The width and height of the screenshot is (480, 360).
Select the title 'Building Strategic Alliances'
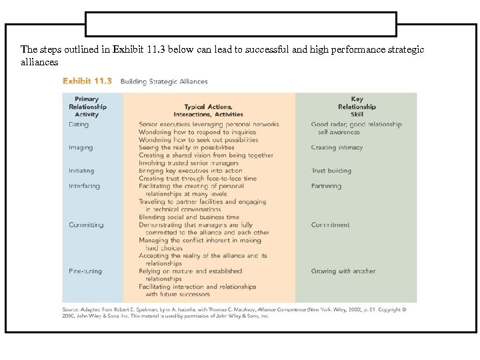[164, 82]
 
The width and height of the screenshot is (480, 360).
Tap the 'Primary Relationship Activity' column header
[87, 107]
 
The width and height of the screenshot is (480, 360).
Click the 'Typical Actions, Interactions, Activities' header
[209, 110]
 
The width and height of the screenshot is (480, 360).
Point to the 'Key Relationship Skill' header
[357, 107]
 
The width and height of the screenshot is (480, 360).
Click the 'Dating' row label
[78, 124]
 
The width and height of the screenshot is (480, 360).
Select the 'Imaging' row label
[81, 147]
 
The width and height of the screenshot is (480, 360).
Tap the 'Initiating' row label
[81, 171]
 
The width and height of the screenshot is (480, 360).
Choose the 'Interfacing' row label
[84, 186]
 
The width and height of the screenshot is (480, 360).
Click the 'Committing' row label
[86, 225]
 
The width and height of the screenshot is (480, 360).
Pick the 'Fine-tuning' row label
[86, 271]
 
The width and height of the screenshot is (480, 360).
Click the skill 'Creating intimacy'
[337, 147]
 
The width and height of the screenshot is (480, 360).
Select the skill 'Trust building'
[331, 171]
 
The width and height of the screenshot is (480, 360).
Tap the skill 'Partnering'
[326, 186]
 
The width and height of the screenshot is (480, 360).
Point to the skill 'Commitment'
[330, 225]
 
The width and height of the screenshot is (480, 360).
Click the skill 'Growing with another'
[343, 271]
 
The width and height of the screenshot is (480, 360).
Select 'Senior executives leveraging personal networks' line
[209, 124]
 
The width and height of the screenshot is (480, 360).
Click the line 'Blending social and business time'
[189, 217]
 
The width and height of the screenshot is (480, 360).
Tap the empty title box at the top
[240, 24]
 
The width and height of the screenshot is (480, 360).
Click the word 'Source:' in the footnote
[72, 309]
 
